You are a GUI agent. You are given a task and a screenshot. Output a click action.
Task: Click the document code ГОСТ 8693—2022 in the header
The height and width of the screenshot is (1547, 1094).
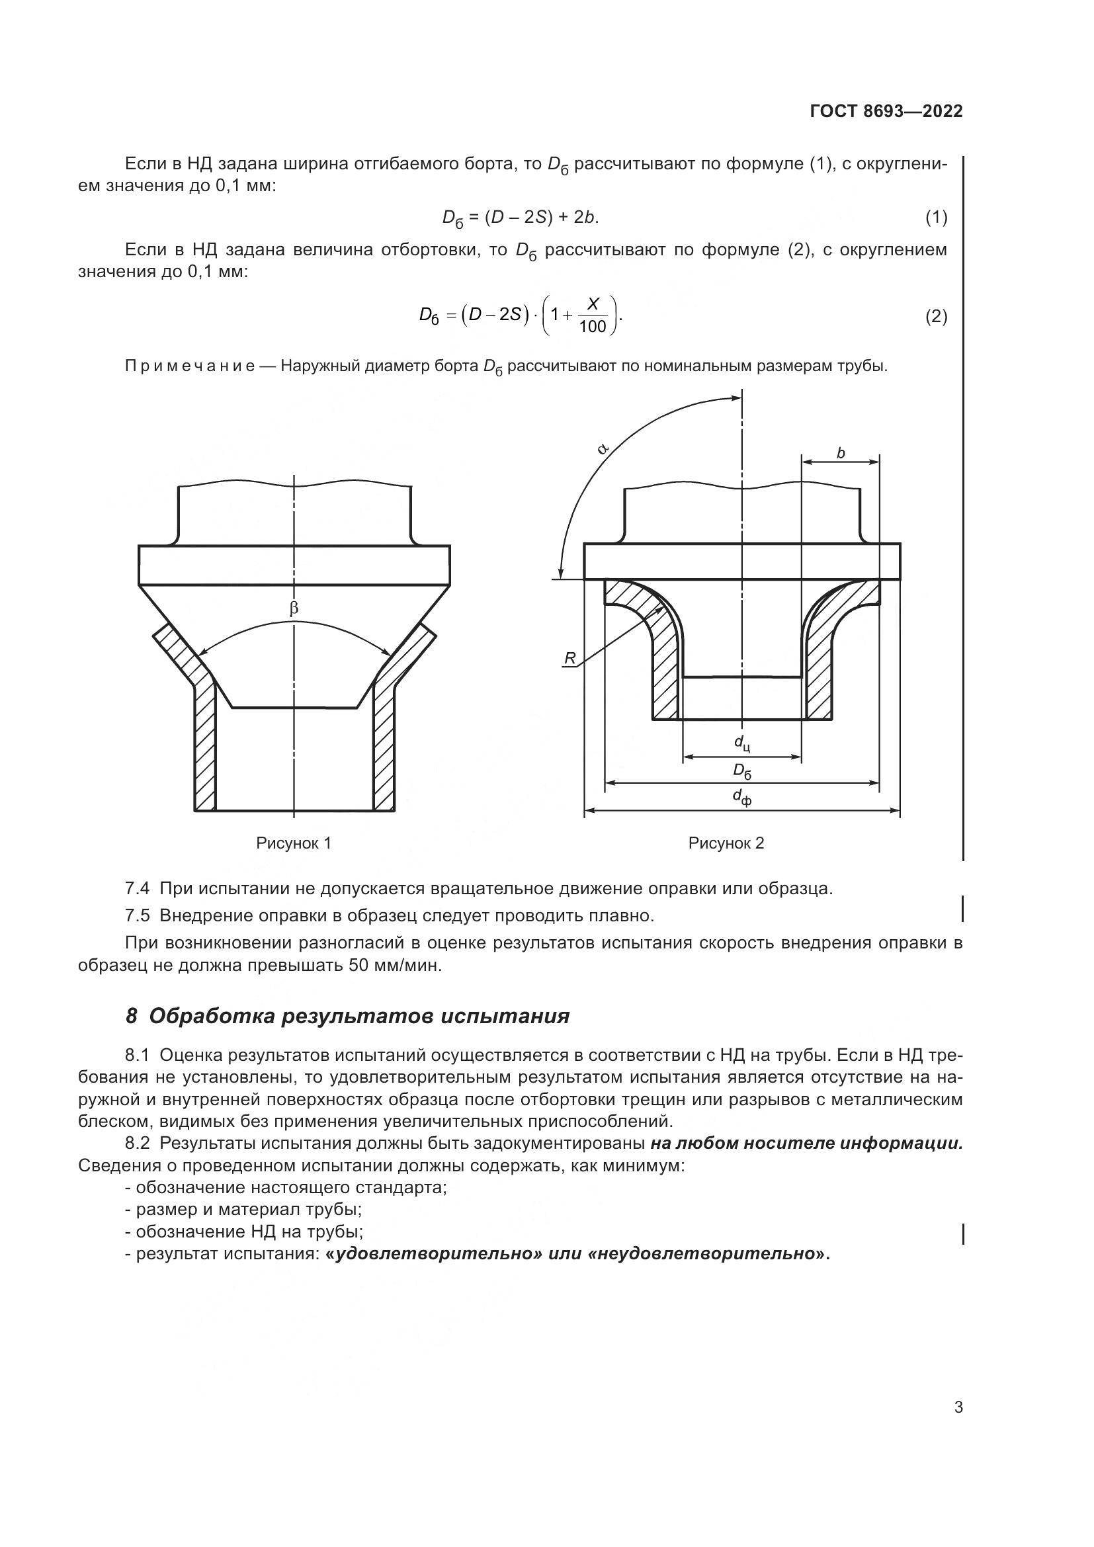point(886,112)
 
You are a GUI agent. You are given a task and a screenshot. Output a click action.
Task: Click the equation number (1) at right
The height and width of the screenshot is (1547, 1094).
point(936,218)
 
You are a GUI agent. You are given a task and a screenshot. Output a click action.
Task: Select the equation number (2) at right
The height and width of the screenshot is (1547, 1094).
point(936,316)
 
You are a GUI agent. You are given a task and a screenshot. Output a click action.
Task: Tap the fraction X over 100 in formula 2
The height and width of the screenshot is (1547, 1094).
point(592,315)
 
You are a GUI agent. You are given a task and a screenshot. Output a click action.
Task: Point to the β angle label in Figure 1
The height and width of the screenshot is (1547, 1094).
point(294,609)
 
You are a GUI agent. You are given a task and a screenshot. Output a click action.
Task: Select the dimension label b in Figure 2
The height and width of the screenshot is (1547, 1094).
point(840,454)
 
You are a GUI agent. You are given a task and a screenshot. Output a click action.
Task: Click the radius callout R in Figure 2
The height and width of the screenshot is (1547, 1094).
point(570,658)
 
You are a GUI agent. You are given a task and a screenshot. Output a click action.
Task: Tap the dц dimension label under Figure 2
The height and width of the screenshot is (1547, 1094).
point(741,743)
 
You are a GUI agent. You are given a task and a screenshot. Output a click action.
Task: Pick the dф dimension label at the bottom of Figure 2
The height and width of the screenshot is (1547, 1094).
point(741,798)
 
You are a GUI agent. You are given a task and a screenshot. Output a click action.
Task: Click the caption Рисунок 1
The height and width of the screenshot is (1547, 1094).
point(294,843)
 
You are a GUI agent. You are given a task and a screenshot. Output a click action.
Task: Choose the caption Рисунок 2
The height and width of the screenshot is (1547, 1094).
point(726,843)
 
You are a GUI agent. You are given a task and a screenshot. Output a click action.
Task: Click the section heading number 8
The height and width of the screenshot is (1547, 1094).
point(132,1016)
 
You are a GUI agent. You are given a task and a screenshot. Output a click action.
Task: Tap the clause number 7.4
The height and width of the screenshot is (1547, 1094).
point(137,888)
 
